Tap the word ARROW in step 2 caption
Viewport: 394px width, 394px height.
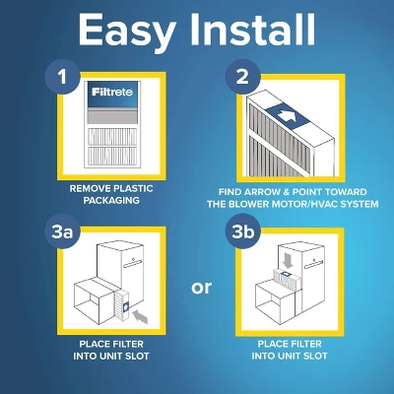click(x=272, y=191)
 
